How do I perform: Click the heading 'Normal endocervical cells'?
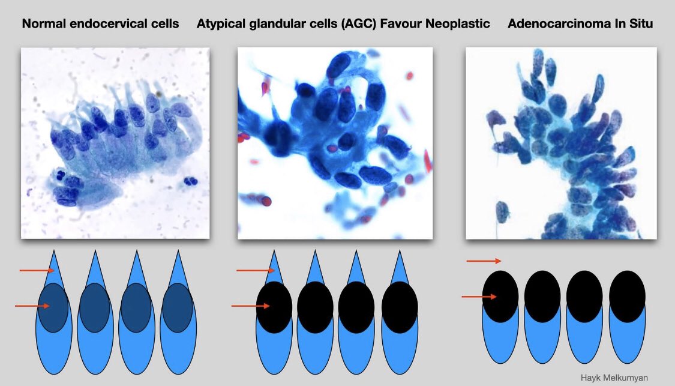click(100, 25)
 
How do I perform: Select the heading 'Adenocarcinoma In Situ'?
click(580, 25)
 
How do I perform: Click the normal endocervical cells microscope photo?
click(115, 143)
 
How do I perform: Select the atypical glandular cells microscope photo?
click(335, 143)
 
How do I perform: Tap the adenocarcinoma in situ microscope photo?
click(561, 143)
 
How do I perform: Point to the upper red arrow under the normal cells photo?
click(37, 271)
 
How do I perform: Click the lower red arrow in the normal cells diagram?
click(32, 306)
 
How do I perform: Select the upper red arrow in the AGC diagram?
click(254, 271)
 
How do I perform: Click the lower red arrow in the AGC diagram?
click(250, 306)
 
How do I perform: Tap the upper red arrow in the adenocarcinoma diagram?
click(484, 261)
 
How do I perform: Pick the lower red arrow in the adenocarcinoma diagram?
click(479, 297)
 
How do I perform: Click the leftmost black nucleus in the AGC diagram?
click(274, 307)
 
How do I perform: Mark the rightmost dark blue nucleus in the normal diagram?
click(178, 307)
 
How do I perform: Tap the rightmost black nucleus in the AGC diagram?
click(400, 307)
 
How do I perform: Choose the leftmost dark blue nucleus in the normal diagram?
click(53, 307)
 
